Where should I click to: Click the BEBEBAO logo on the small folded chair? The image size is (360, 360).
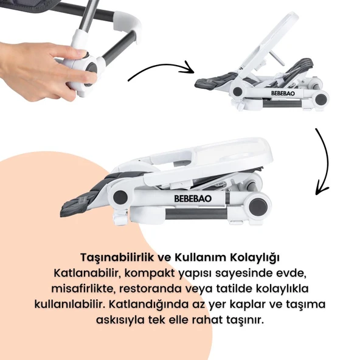tap(283, 94)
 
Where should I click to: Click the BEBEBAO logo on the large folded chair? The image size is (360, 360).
tap(193, 199)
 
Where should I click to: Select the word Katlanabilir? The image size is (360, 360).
tap(86, 273)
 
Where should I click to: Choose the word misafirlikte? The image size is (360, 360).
tap(83, 289)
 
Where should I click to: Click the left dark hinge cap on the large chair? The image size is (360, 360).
tap(120, 197)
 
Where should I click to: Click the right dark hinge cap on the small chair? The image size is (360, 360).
tap(320, 99)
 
